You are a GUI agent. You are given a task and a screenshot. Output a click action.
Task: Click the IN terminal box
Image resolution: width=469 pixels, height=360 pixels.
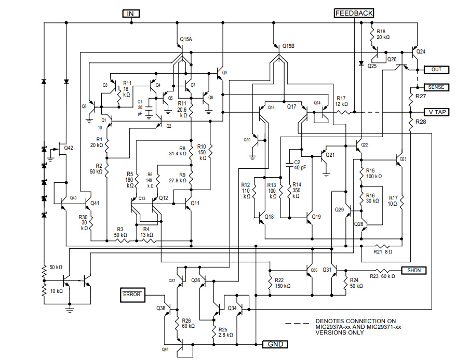pos(131,14)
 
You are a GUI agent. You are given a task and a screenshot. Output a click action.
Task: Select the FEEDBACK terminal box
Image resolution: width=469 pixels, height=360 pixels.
pos(354,13)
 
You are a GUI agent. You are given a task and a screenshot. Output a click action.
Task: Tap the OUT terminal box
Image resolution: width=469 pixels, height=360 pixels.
pos(436,70)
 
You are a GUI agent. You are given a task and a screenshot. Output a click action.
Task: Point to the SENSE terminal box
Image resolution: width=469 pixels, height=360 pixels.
pos(436,87)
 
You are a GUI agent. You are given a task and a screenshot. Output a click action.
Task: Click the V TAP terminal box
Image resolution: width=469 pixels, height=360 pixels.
pos(436,112)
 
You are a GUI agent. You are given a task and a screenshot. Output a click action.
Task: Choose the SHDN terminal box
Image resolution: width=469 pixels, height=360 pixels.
pos(413,270)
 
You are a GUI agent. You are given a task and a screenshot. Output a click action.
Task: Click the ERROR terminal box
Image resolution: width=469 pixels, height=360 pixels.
pos(132,295)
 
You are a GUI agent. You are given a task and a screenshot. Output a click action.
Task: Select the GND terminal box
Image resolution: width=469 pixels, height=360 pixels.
pos(275,344)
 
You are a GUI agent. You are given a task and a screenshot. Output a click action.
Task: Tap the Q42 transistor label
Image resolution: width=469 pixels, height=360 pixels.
pos(69,148)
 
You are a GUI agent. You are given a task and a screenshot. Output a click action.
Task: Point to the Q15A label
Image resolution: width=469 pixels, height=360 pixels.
pos(186,39)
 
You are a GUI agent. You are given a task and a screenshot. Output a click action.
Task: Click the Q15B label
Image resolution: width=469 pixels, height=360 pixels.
pos(288,46)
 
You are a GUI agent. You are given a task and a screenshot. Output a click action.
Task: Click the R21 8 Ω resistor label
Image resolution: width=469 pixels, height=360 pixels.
pos(383,252)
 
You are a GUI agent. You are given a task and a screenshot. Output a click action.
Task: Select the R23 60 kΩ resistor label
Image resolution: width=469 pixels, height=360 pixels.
pos(382,276)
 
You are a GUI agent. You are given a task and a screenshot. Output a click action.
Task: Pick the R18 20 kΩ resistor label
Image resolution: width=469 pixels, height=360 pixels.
pos(383,34)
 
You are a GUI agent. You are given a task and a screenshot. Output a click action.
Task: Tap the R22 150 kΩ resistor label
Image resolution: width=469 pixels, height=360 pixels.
pos(283,283)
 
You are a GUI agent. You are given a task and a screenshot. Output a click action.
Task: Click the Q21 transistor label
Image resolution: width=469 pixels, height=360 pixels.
pos(330,155)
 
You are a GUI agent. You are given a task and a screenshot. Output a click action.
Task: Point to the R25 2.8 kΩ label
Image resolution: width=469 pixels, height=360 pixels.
pos(225,332)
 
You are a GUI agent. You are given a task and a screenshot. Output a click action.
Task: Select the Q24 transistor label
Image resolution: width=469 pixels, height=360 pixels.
pos(421,51)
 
